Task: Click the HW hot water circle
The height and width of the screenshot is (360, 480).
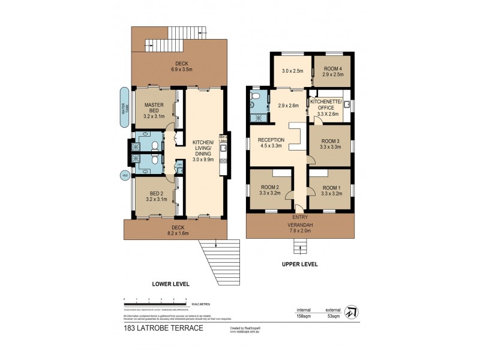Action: point(125,175)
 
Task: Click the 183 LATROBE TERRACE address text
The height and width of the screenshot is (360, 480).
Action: point(155,328)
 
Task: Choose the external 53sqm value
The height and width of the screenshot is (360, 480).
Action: point(332,315)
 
